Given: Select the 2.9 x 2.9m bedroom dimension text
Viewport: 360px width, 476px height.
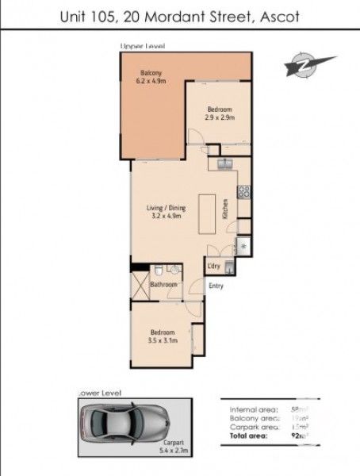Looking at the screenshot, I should pyautogui.click(x=220, y=117).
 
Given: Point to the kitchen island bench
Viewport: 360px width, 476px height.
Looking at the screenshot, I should pyautogui.click(x=209, y=212).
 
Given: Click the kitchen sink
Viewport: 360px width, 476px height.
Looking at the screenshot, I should pyautogui.click(x=224, y=164).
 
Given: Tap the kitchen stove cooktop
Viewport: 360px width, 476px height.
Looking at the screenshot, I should pyautogui.click(x=244, y=190).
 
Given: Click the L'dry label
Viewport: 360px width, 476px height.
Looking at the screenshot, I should pyautogui.click(x=213, y=267).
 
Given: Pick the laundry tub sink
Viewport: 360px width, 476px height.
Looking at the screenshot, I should pyautogui.click(x=228, y=267).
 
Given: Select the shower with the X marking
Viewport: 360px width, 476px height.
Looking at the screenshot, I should pyautogui.click(x=140, y=286).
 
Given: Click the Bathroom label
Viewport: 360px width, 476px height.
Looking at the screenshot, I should pyautogui.click(x=163, y=282).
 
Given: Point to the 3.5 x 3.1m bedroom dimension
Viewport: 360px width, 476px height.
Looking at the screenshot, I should pyautogui.click(x=163, y=340).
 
